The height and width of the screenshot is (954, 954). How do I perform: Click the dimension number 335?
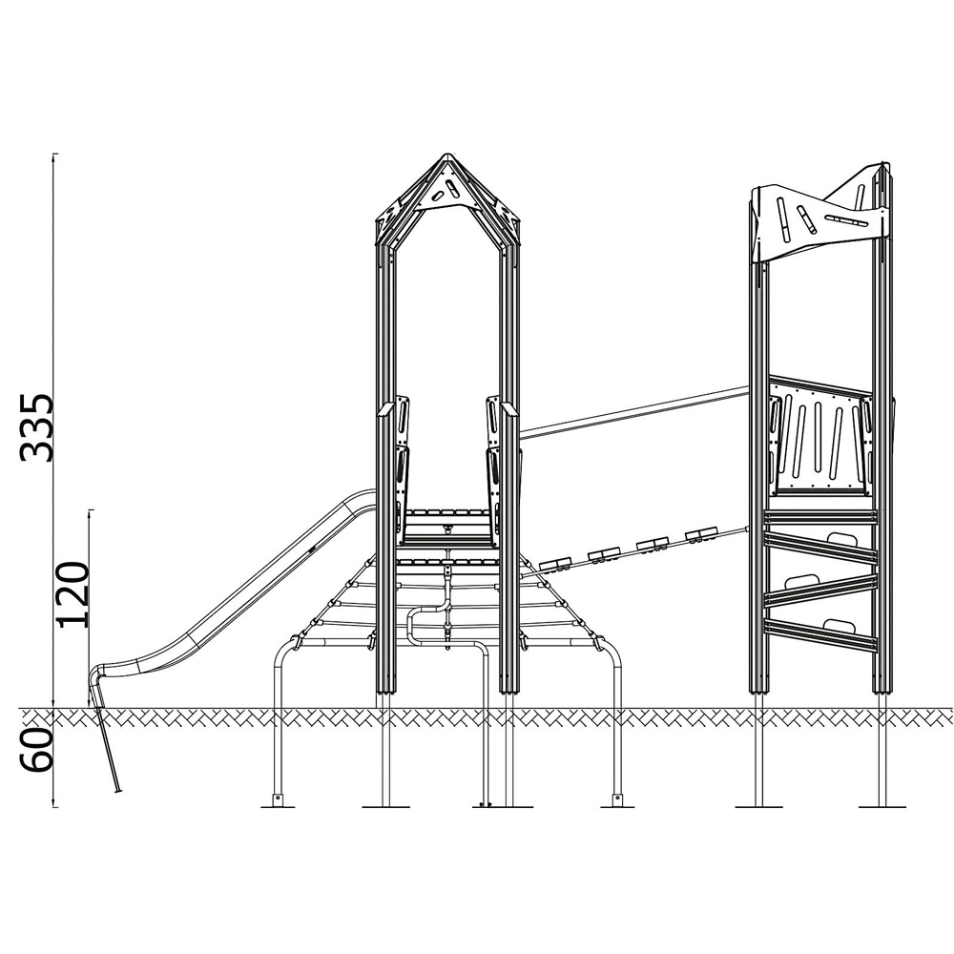coord(37,427)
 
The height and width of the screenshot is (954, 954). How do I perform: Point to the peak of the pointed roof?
coord(447,155)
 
